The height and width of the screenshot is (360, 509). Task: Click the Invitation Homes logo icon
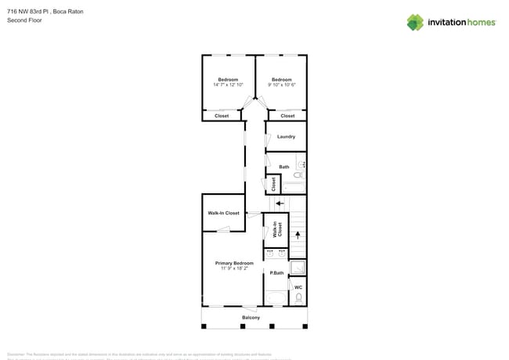pos(415,22)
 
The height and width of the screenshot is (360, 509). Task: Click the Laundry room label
pos(286,137)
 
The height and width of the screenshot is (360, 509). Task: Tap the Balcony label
pos(251,318)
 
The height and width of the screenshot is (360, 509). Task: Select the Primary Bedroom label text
pos(234,263)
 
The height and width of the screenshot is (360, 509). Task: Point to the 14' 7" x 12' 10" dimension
pos(228,85)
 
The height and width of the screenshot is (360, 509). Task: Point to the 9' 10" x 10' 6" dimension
pos(282,85)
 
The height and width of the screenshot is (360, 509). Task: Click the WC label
pos(298,288)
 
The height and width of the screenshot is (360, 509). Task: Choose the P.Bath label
pos(276,273)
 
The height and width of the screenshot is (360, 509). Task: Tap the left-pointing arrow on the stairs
pos(280,203)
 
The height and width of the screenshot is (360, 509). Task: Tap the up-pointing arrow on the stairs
pos(297,235)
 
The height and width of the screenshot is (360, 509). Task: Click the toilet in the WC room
pos(298,300)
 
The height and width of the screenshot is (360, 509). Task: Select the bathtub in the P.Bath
pos(276,298)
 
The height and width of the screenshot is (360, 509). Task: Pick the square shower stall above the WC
pos(298,268)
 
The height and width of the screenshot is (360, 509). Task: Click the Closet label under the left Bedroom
pos(222,116)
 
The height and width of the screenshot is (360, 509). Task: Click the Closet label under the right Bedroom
pos(287,116)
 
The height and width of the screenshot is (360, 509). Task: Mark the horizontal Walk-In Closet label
pos(223,213)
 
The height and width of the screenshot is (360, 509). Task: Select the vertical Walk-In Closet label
pos(276,229)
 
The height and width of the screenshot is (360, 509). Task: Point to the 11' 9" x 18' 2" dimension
pos(234,268)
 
